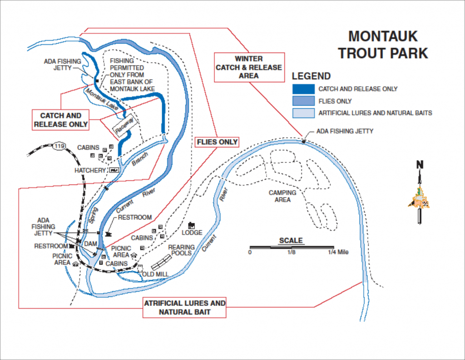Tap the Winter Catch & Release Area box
tap(248, 67)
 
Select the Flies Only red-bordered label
tap(217, 142)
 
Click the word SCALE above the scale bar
tap(291, 240)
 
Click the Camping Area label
tap(282, 196)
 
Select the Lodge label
tap(192, 232)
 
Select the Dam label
tap(90, 244)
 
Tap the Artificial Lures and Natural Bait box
tap(184, 307)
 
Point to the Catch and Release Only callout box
tap(61, 120)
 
